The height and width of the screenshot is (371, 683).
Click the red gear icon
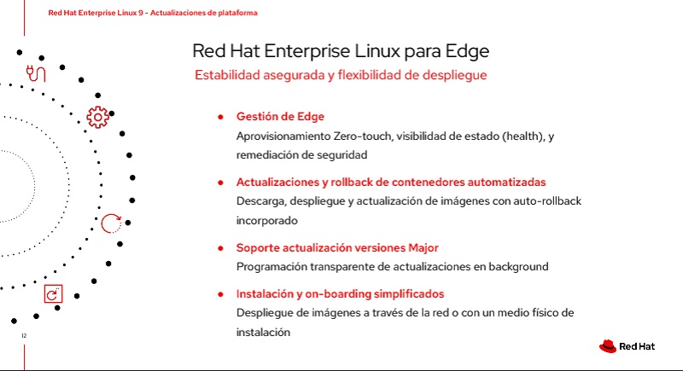click(x=97, y=117)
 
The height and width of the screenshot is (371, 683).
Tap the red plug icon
click(x=36, y=73)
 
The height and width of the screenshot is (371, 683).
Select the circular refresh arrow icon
click(x=111, y=223)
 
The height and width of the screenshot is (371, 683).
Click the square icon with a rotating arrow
click(x=53, y=293)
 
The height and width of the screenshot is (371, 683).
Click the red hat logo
click(x=608, y=346)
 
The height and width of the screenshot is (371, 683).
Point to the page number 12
click(x=24, y=335)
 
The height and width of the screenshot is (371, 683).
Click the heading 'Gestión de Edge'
click(x=280, y=117)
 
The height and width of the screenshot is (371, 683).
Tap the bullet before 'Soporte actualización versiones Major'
click(x=221, y=248)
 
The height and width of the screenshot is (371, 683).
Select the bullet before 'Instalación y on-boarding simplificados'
click(x=221, y=294)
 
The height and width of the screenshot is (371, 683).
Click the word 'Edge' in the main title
click(x=467, y=51)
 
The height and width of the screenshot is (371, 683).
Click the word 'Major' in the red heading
click(x=423, y=248)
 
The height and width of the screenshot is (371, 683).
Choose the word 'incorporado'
click(x=267, y=221)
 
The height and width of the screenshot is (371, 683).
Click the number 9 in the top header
click(x=141, y=13)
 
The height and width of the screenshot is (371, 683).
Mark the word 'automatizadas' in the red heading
click(x=506, y=183)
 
